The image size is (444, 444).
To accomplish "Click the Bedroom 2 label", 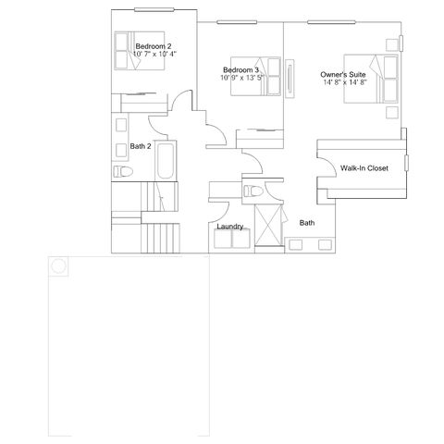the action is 154,46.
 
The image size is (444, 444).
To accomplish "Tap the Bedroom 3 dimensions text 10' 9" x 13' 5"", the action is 242,78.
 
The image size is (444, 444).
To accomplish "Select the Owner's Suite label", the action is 343,75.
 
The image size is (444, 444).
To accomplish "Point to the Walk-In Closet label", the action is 364,168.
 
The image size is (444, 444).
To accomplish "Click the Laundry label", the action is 230,227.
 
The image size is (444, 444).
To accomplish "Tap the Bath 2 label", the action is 141,146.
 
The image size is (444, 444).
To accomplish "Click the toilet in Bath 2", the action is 123,171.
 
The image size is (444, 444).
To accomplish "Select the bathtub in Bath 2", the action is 166,161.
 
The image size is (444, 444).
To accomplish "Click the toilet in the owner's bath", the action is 253,191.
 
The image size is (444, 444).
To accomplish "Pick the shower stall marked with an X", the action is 269,225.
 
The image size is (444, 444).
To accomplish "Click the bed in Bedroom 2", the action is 140,51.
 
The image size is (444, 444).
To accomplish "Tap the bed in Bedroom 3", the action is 255,76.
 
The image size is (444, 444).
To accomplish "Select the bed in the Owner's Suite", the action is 371,79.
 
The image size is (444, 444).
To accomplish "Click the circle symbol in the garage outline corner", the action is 58,265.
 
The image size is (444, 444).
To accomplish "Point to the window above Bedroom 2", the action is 154,9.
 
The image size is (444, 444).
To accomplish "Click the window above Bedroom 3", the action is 237,22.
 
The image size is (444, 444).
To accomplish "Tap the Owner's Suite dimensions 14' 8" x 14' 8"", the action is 345,82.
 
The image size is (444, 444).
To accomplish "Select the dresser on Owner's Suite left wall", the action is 290,79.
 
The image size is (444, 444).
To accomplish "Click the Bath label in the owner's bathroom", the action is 307,223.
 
